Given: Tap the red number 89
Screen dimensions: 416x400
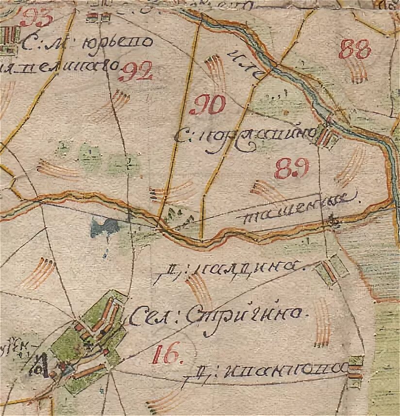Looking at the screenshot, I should click(x=291, y=168).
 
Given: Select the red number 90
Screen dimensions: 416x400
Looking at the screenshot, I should click(x=211, y=104).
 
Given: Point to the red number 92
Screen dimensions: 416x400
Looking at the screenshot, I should click(x=136, y=72).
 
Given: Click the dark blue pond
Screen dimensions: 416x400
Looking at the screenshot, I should click(x=104, y=226).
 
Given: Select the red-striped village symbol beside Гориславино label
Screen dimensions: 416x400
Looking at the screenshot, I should click(x=326, y=136).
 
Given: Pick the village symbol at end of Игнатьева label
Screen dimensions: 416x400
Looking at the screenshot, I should click(x=356, y=367).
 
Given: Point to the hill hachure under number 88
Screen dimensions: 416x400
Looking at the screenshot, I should click(x=358, y=73).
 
